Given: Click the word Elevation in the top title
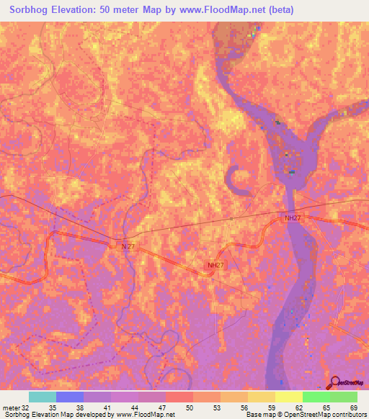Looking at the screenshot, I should click(84, 9).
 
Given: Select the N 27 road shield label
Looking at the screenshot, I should click(128, 246).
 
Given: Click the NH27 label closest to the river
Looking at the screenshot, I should click(292, 217).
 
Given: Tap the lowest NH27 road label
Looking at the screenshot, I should click(215, 265).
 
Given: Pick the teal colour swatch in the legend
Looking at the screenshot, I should click(43, 397).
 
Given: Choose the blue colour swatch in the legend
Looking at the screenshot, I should click(70, 397).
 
